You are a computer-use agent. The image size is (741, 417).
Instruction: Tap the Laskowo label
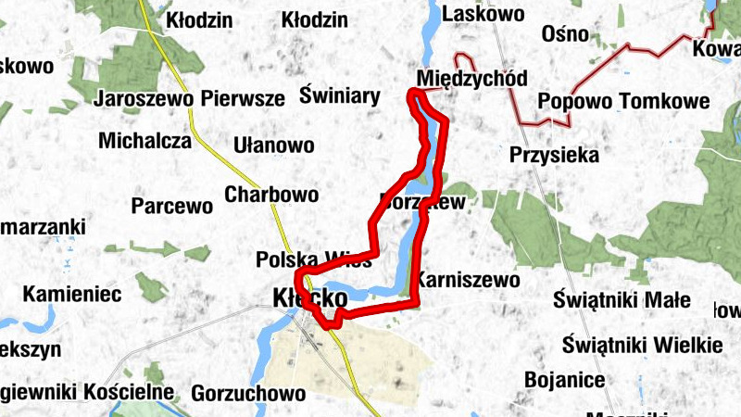pyautogui.click(x=484, y=14)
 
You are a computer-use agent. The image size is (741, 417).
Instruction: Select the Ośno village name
pyautogui.click(x=567, y=34)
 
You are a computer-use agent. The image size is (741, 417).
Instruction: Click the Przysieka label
pyautogui.click(x=554, y=155)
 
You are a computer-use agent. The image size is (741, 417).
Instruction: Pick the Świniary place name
pyautogui.click(x=340, y=95)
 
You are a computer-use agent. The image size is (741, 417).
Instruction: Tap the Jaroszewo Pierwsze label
pyautogui.click(x=189, y=98)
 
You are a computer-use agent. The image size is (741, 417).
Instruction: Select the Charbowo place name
pyautogui.click(x=271, y=195)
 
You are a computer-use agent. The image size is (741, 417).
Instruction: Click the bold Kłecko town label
pyautogui.click(x=310, y=298)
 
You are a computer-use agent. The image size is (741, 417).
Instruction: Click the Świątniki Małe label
pyautogui.click(x=622, y=299)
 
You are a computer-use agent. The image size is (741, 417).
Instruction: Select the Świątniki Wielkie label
pyautogui.click(x=642, y=345)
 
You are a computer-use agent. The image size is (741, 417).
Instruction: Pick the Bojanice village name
pyautogui.click(x=564, y=379)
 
